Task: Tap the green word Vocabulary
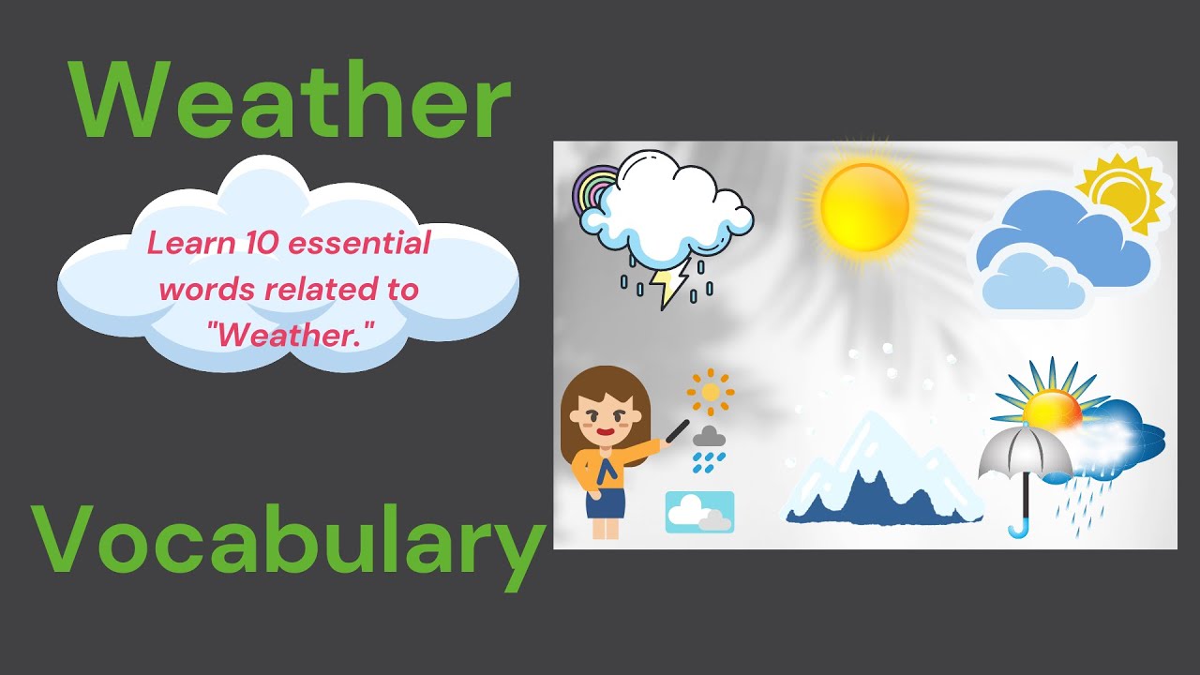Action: click(289, 541)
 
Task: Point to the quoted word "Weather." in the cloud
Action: click(288, 335)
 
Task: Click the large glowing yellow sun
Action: click(863, 207)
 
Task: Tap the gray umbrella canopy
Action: click(1025, 453)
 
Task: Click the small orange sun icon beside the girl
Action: click(710, 391)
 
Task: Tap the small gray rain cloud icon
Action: click(708, 436)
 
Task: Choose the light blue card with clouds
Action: click(699, 512)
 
